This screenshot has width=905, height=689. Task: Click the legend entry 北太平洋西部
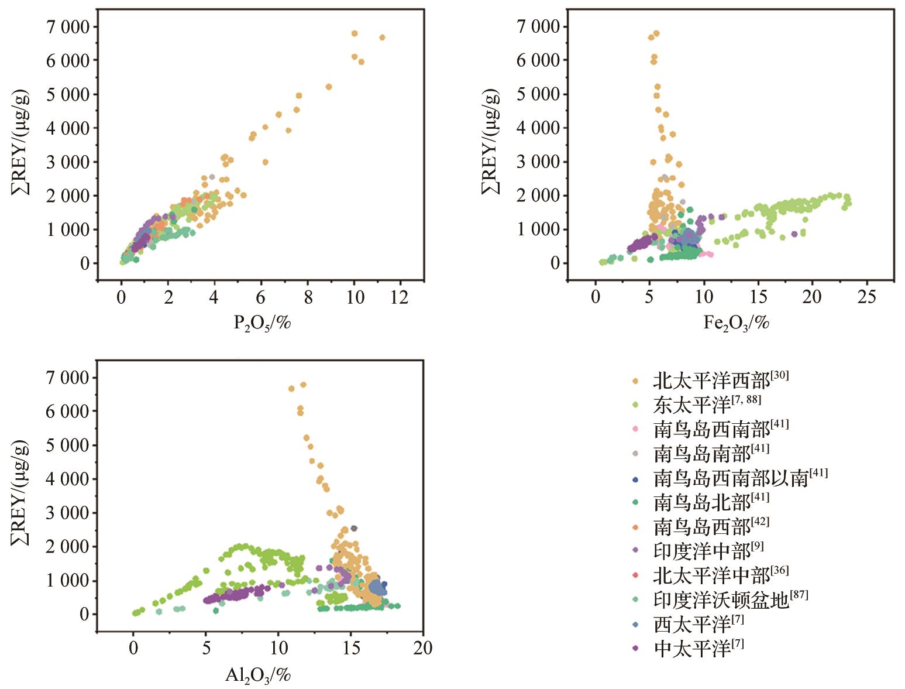tap(711, 382)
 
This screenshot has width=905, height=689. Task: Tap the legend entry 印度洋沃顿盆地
tap(721, 600)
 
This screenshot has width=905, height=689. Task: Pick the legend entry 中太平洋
tap(691, 649)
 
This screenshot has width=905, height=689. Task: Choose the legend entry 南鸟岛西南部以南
tap(731, 478)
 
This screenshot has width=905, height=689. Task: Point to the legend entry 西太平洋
tap(691, 625)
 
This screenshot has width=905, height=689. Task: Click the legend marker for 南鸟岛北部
tap(635, 503)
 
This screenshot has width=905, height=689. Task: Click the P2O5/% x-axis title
tap(261, 323)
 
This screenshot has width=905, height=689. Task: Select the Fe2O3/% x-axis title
tap(736, 323)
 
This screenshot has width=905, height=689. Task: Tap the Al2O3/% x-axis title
tap(258, 676)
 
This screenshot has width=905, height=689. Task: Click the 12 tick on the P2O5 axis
tap(400, 297)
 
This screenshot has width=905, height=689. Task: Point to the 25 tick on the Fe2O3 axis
tap(866, 297)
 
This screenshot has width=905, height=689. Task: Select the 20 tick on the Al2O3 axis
tap(422, 648)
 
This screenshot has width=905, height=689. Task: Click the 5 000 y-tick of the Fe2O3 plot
tap(538, 94)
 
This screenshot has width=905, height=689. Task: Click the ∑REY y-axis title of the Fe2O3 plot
tap(490, 142)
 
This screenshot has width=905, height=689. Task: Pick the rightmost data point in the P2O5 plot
tap(382, 37)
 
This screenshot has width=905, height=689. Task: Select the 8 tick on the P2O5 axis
tap(308, 297)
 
